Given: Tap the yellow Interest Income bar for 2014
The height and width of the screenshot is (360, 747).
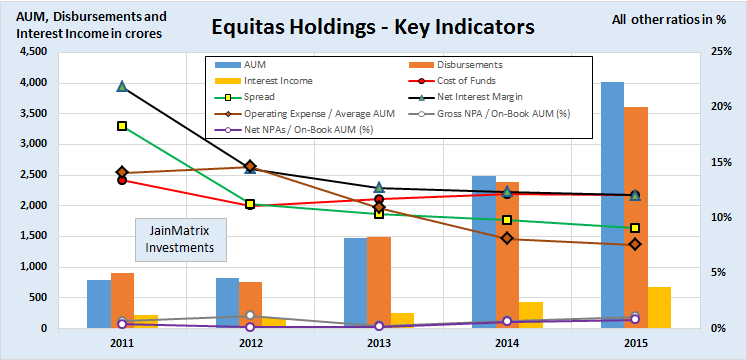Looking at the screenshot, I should [531, 315].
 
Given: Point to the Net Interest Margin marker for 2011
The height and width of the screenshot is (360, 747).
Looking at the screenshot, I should [122, 87].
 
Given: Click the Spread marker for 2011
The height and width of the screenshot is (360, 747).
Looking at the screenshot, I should [122, 126].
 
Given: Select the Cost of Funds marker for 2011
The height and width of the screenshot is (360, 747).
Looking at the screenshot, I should [122, 180].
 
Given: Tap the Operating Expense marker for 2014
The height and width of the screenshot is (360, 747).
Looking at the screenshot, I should [507, 238].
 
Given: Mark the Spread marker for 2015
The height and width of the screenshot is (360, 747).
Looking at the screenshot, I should [634, 228].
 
